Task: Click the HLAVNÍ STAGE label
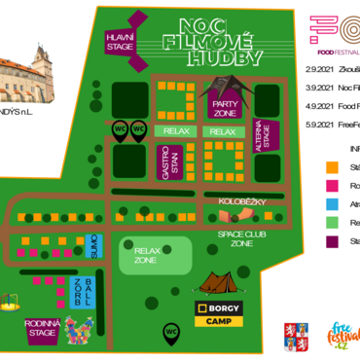pos(120,42)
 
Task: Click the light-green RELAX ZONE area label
pos(147,256)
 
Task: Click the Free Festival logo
pos(342,336)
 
